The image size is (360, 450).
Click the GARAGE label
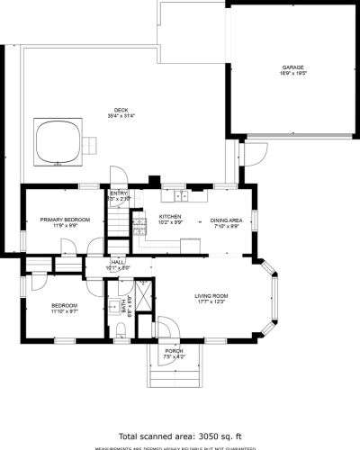coord(292,67)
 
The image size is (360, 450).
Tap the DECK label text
coord(122,109)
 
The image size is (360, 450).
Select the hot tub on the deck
coord(58,141)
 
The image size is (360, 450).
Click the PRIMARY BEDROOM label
coord(63,220)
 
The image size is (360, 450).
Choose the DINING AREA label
coord(226,220)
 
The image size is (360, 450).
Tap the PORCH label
coord(173,351)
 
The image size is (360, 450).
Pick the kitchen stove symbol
coord(139,220)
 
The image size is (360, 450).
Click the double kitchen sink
coord(182,194)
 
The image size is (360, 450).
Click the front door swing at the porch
coord(163,327)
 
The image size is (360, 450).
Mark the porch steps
coord(173,373)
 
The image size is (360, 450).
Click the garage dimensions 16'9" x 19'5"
coord(292,74)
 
